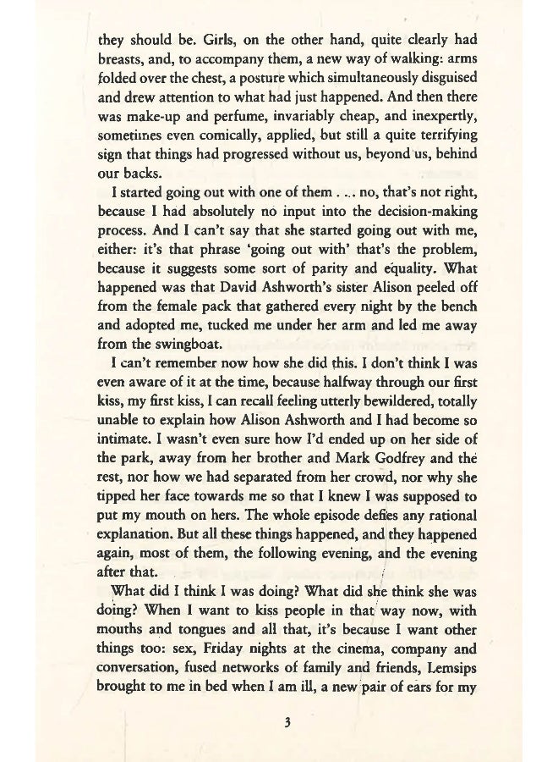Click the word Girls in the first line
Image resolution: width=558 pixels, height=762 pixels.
coord(221,39)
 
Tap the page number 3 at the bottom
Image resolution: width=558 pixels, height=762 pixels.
coord(287,721)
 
